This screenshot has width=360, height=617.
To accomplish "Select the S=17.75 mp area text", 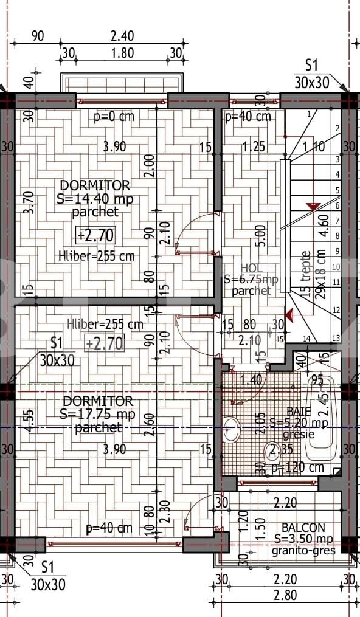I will [x=98, y=415].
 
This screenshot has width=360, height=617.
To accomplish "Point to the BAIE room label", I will [x=298, y=412].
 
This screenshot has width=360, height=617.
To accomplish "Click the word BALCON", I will [x=303, y=528].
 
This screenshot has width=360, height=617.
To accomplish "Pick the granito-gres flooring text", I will [x=303, y=551].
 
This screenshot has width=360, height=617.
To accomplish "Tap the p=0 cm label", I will [x=114, y=117].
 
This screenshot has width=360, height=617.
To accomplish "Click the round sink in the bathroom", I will [x=231, y=429].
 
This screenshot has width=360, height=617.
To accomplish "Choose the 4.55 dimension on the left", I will [x=29, y=419].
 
